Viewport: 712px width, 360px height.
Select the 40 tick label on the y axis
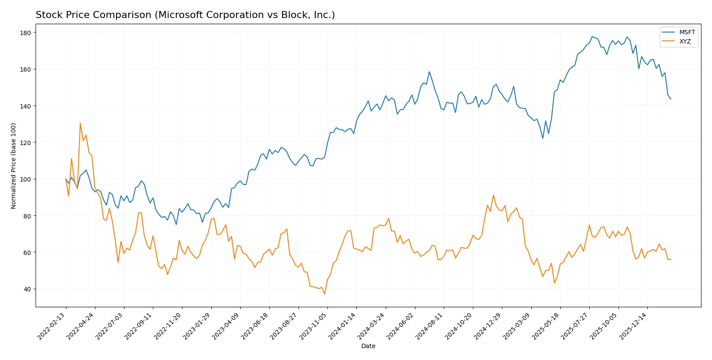point(27,289)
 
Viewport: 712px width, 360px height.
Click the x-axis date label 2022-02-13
point(52,326)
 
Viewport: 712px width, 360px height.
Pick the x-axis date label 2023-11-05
point(313,326)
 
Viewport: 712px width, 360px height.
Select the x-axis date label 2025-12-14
point(633,326)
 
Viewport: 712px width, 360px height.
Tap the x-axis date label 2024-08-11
point(430,326)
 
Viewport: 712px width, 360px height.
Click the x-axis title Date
point(368,346)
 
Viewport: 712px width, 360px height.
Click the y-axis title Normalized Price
point(14,166)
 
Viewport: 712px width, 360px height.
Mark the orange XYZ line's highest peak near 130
point(80,123)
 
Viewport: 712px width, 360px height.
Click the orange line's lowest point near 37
point(324,294)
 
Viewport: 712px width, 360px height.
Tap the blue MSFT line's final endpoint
point(671,99)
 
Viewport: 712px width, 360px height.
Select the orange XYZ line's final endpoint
point(671,259)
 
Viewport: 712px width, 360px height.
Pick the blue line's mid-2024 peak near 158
point(429,72)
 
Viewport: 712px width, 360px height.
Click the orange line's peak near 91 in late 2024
point(493,195)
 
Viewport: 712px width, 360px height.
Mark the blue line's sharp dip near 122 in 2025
point(543,138)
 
